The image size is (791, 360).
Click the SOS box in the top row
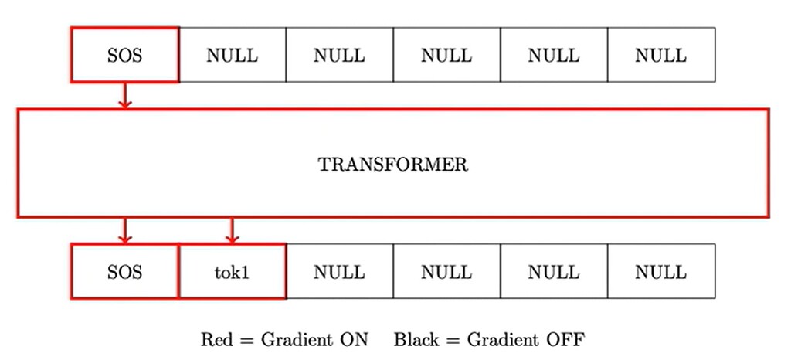pyautogui.click(x=124, y=55)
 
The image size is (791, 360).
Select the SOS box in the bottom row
pyautogui.click(x=124, y=272)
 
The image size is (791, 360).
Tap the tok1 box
pyautogui.click(x=232, y=272)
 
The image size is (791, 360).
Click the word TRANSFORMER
pyautogui.click(x=392, y=165)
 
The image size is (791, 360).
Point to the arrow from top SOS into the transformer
pyautogui.click(x=124, y=96)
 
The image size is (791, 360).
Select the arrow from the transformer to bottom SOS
pyautogui.click(x=124, y=230)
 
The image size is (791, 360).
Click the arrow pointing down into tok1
pyautogui.click(x=232, y=230)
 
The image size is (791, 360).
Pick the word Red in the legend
pyautogui.click(x=216, y=339)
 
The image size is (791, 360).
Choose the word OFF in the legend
pyautogui.click(x=568, y=339)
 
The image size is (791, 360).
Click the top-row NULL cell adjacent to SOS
pyautogui.click(x=232, y=55)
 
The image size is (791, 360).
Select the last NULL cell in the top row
pyautogui.click(x=660, y=55)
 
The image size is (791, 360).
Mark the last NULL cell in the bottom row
pyautogui.click(x=660, y=272)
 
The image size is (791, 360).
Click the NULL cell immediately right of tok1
pyautogui.click(x=339, y=272)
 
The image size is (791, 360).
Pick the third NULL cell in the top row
pyautogui.click(x=446, y=55)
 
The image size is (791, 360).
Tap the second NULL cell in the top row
pyautogui.click(x=339, y=55)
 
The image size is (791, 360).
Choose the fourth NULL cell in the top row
pyautogui.click(x=554, y=55)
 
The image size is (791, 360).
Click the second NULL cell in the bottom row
pyautogui.click(x=446, y=272)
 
